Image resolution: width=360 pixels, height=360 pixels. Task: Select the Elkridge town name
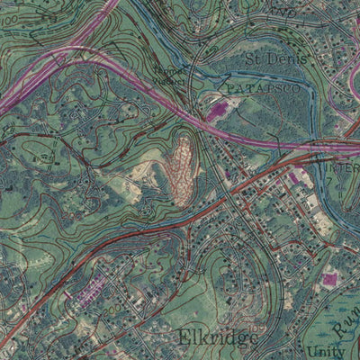pos(218,337)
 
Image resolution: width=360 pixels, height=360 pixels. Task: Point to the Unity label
pos(325,351)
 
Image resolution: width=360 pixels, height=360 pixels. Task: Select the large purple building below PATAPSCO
pos(217,112)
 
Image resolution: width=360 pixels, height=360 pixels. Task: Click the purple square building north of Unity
pos(329,280)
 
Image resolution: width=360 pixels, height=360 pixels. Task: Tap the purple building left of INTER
pos(295,177)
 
